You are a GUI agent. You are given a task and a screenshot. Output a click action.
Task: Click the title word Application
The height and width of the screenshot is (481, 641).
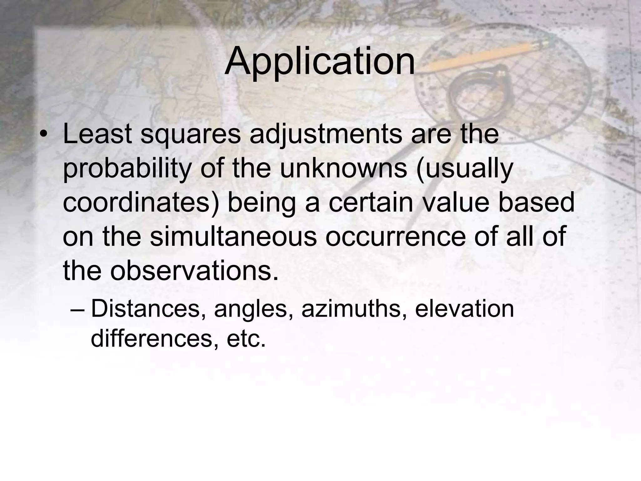[x=320, y=61]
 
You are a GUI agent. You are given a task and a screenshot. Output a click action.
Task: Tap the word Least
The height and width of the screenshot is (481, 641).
[x=97, y=134]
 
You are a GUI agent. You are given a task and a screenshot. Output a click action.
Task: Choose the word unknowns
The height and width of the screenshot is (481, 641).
[x=344, y=168]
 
